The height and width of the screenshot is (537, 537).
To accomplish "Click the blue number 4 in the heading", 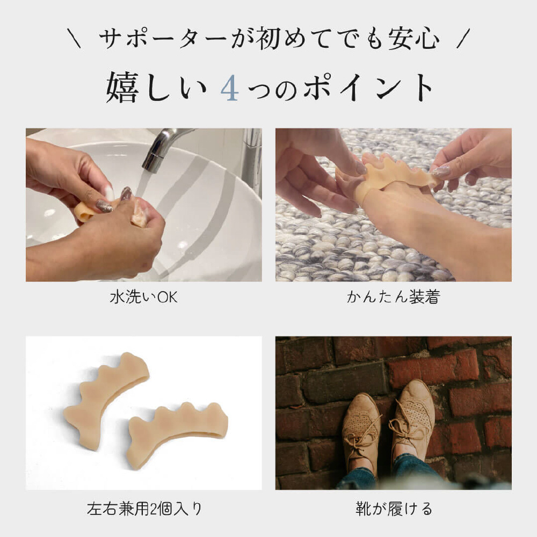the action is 229,88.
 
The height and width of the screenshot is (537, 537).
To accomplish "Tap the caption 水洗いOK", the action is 144,297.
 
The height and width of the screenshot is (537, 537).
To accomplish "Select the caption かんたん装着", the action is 394,297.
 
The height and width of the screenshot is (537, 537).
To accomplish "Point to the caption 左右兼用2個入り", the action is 144,509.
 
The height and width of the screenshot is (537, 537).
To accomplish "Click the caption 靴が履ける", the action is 394,509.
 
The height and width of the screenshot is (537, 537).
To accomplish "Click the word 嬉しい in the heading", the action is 156,88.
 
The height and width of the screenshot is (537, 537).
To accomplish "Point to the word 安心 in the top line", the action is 413,38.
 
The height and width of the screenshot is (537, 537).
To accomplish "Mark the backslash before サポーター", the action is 74,38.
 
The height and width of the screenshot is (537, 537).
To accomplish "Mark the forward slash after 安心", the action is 464,38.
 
